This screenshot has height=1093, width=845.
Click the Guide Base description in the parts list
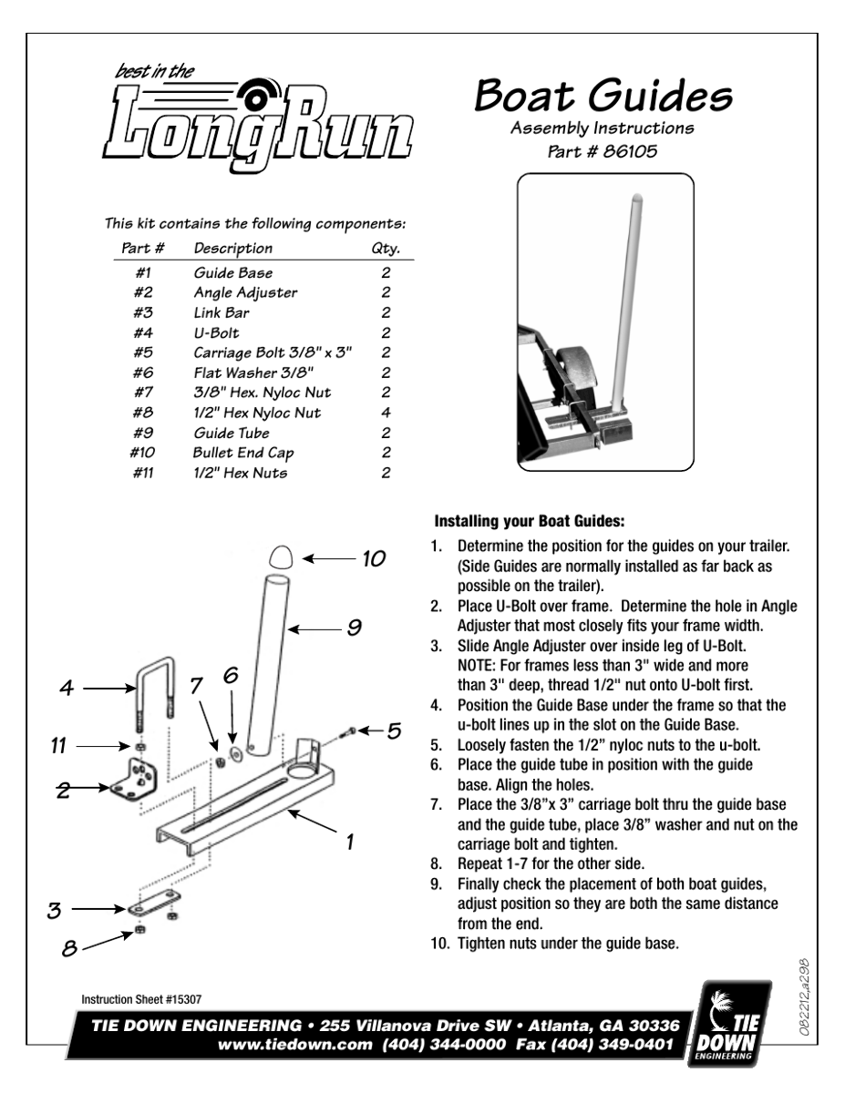coord(232,272)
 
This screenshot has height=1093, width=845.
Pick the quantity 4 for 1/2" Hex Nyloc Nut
coord(386,412)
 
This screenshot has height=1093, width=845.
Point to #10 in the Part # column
coord(139,453)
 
